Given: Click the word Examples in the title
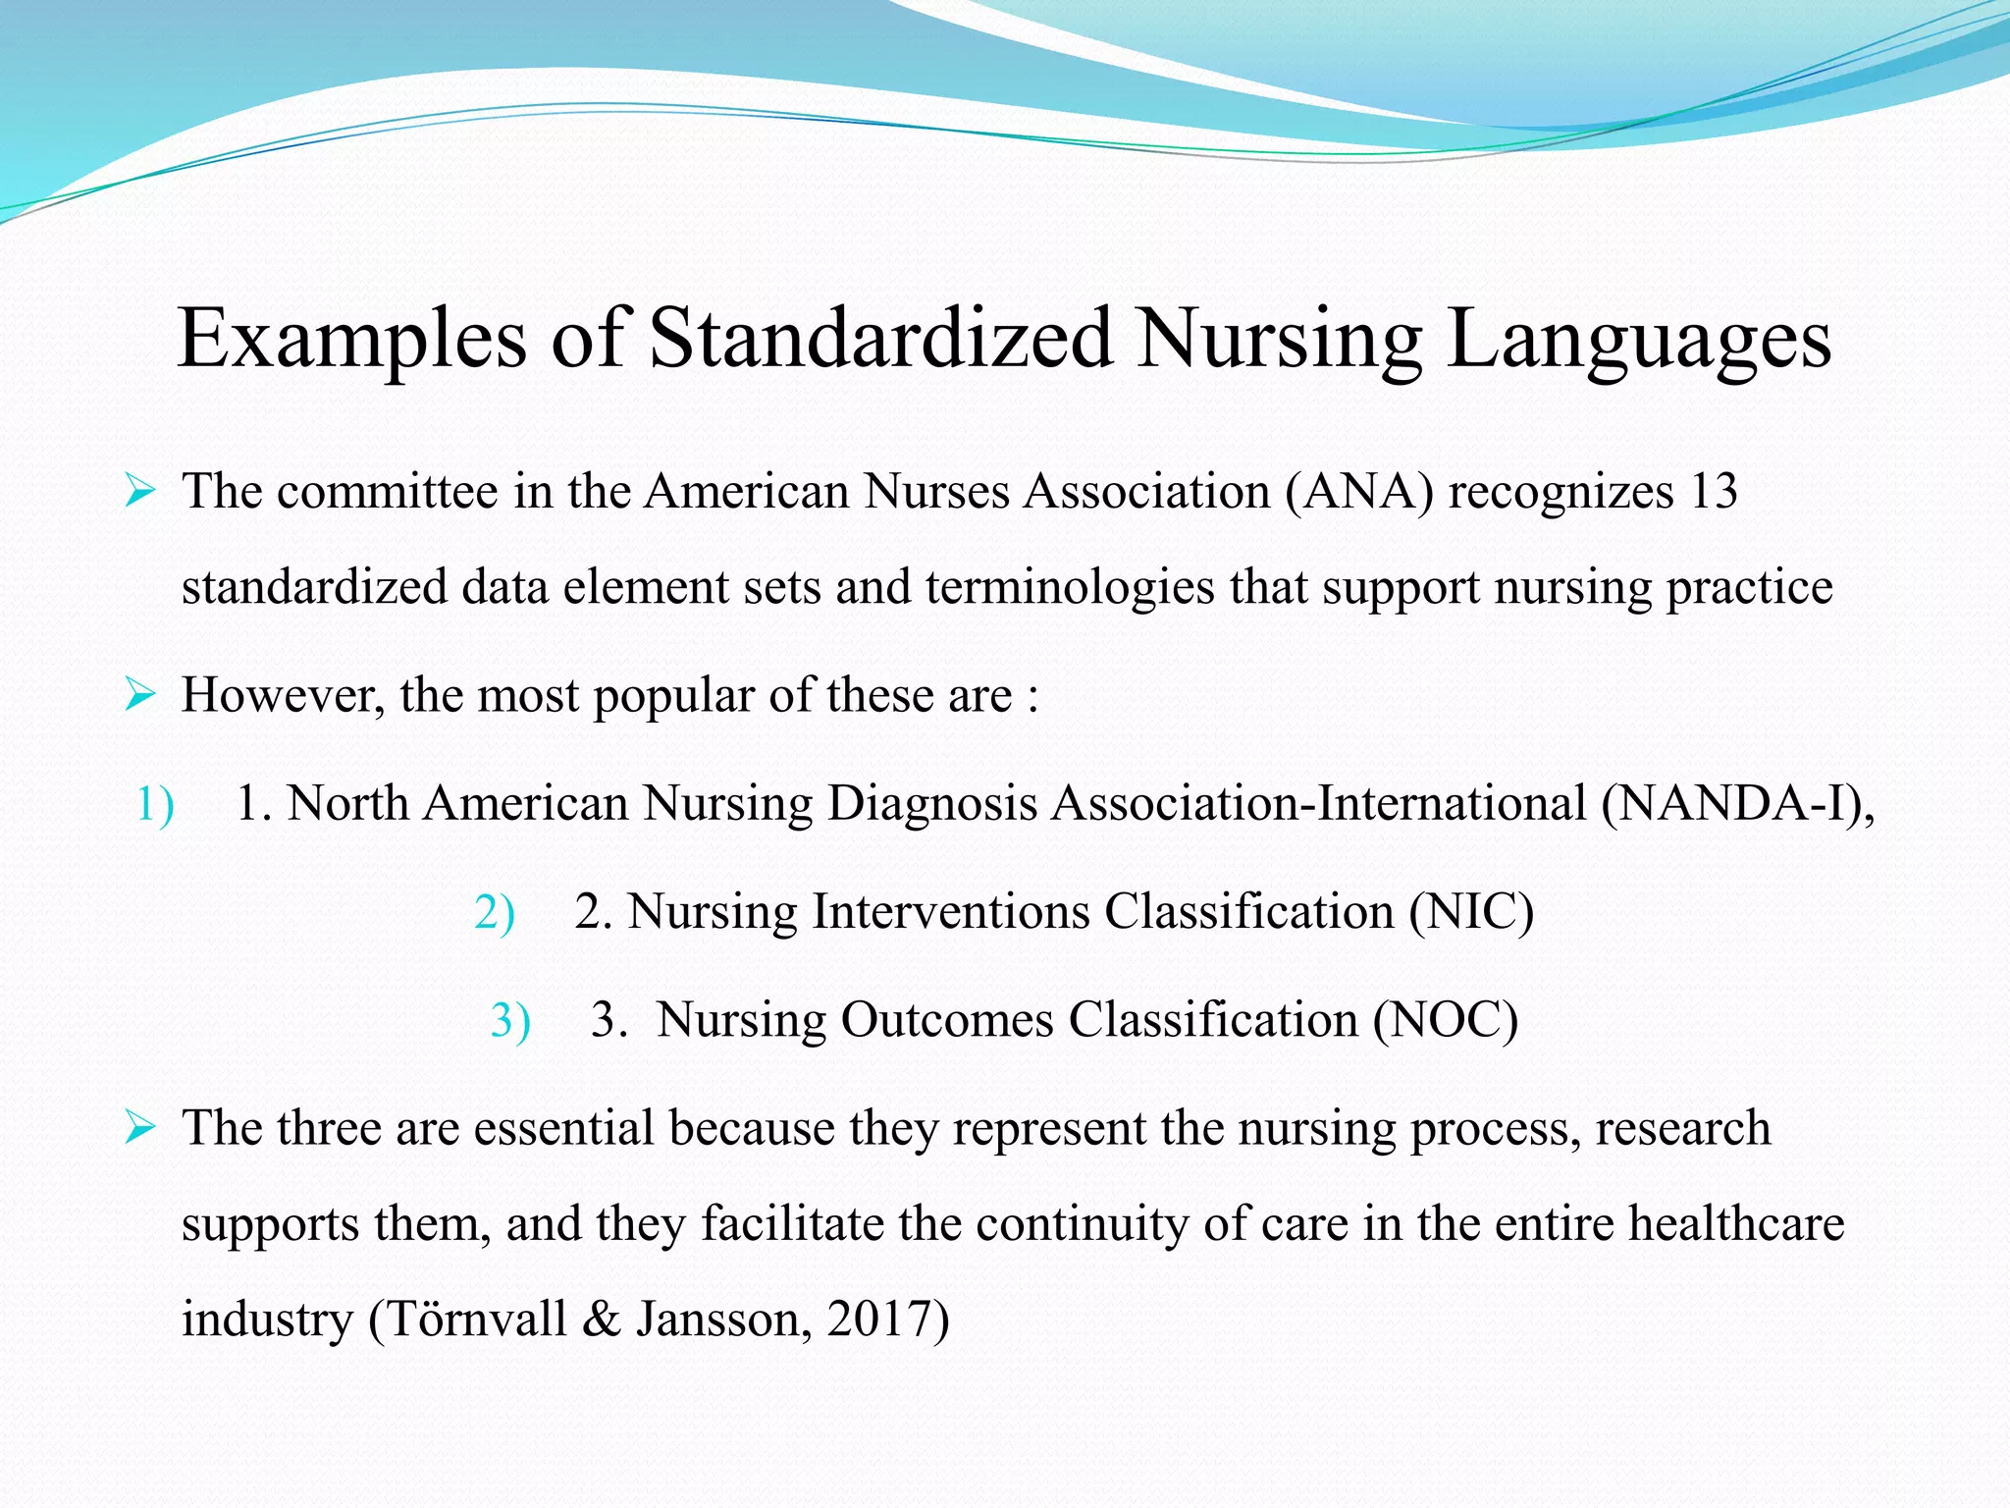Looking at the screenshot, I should [352, 340].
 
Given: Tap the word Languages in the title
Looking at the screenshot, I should [1638, 340].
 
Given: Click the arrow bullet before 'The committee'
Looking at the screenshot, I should [140, 491].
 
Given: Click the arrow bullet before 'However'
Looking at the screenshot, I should [140, 696].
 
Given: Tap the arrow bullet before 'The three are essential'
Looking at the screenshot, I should [140, 1128].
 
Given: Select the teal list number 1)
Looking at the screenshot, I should [155, 804].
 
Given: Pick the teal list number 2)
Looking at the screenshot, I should [494, 912].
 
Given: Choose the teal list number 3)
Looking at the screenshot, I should [510, 1020].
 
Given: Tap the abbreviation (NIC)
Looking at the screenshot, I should [1471, 912].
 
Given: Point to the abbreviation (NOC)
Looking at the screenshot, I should [1445, 1020].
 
